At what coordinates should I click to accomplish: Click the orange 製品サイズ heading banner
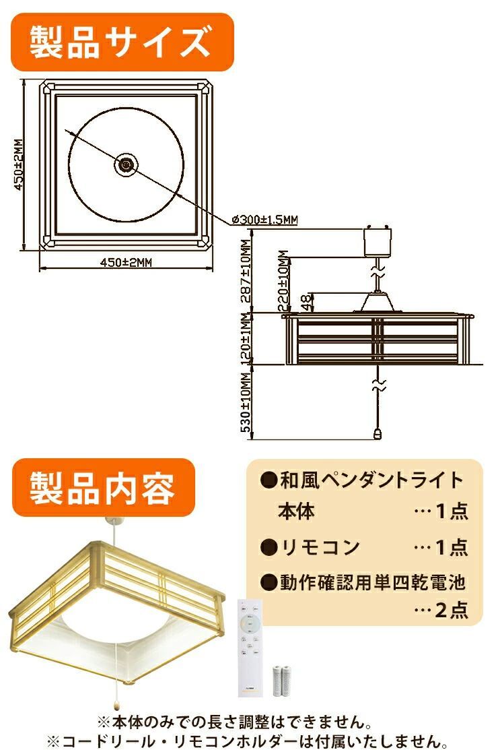(x=122, y=42)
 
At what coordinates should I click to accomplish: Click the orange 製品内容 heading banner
(x=103, y=487)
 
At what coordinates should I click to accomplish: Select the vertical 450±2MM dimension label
(x=19, y=165)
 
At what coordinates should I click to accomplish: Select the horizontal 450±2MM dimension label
(x=126, y=263)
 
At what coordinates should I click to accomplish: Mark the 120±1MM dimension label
(x=246, y=339)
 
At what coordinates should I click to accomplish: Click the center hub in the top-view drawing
(x=125, y=164)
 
